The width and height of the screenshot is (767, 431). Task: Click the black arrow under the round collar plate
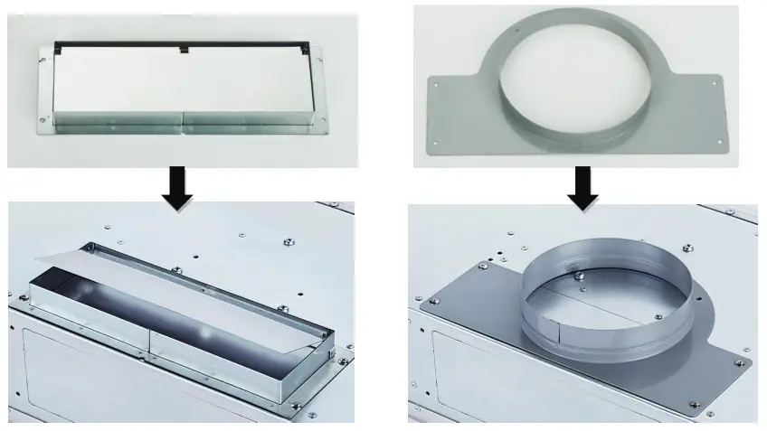pos(581,185)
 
